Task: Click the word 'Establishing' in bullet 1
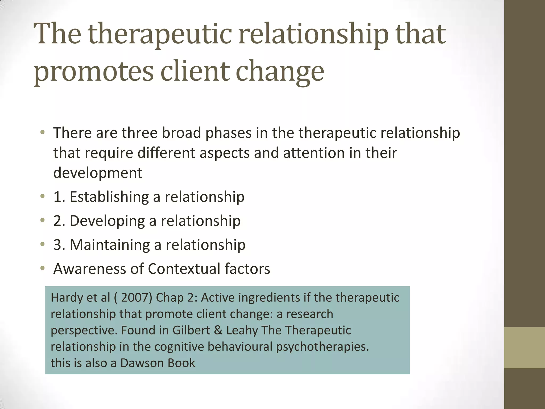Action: click(109, 197)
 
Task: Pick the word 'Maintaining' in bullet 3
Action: click(110, 245)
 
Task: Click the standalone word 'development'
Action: click(98, 173)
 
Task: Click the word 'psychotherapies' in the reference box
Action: click(323, 347)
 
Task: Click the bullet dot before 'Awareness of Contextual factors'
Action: click(43, 268)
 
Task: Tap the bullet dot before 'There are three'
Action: click(43, 132)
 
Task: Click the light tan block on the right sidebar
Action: click(525, 347)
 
